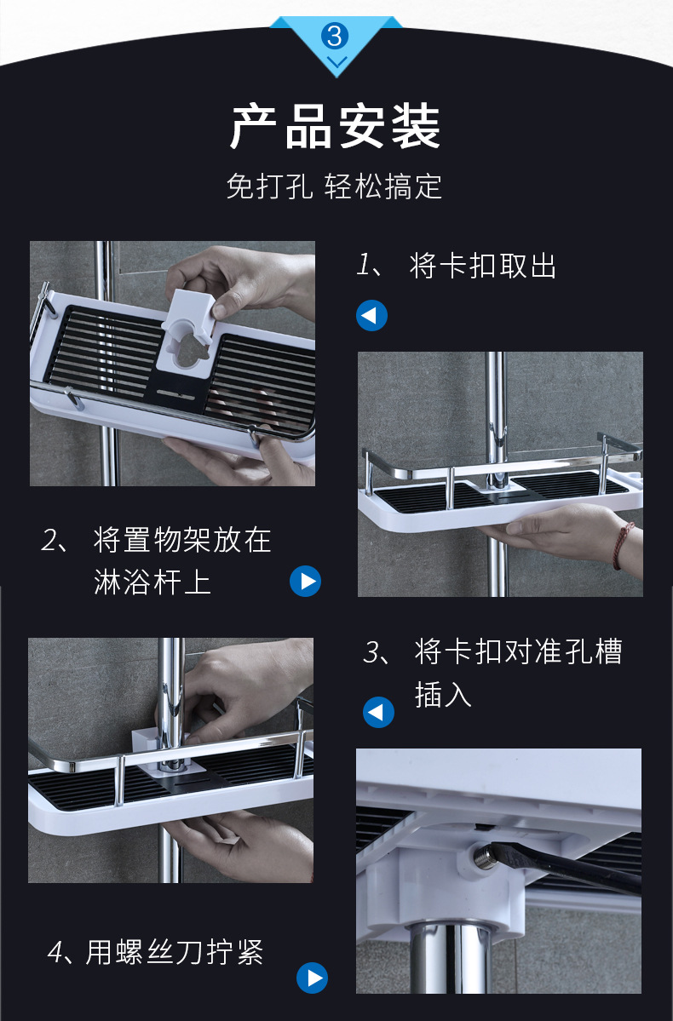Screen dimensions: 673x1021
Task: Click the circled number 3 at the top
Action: coord(335,35)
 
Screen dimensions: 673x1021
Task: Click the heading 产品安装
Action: coord(336,127)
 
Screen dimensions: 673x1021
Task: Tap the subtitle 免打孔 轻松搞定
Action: coord(334,186)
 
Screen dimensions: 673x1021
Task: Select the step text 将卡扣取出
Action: coord(483,266)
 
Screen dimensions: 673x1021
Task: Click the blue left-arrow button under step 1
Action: coord(371,315)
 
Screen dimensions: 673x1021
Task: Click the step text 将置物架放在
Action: coord(182,540)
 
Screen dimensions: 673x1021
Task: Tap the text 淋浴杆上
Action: coord(152,582)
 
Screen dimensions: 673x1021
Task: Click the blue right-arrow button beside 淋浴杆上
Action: coord(305,581)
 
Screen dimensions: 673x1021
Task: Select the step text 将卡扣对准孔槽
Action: coord(519,651)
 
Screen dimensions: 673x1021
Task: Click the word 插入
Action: coord(443,694)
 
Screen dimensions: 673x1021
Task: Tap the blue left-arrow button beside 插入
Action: coord(378,712)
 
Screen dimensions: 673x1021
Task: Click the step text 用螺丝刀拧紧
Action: coord(175,953)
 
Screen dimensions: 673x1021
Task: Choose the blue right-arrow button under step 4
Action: coord(312,978)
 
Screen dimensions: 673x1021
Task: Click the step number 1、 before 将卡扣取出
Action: coord(372,266)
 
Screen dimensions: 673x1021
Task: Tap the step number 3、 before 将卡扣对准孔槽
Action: coord(378,651)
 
